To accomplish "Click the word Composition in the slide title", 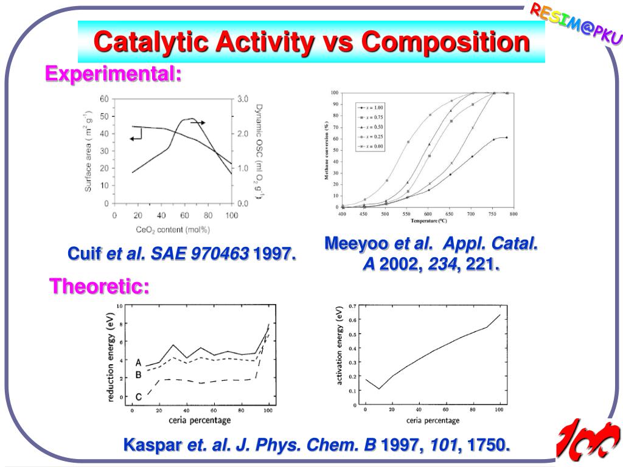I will (445, 42).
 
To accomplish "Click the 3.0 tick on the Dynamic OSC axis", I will (243, 99).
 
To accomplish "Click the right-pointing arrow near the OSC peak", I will (198, 123).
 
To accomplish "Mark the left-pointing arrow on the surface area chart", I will (135, 138).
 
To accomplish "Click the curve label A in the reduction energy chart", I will (138, 362).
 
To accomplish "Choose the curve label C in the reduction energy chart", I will (138, 397).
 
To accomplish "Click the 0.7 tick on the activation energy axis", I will (353, 306).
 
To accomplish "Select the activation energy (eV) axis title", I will (339, 345).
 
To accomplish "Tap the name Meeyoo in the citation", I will (357, 244).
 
